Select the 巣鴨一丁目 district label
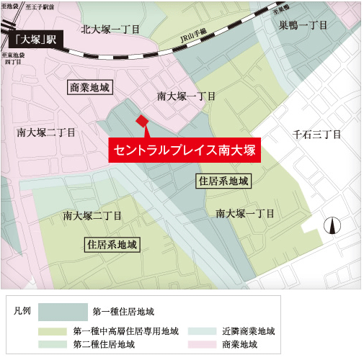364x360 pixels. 303,25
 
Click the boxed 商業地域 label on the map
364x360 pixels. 91,87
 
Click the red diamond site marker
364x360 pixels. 142,120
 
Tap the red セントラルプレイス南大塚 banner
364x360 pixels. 183,151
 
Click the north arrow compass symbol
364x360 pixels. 332,225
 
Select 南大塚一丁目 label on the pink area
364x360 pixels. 186,96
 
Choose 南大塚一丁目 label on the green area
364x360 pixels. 244,214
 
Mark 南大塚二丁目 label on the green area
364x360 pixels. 92,215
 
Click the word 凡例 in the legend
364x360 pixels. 22,311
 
